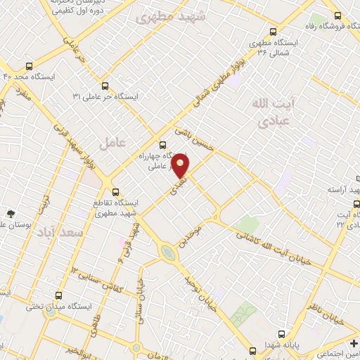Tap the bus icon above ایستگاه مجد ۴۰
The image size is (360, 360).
click(29, 64)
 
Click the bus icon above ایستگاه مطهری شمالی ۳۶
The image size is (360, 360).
click(274, 31)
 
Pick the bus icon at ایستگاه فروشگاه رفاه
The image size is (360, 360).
click(339, 15)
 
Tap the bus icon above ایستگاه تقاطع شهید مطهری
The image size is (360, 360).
click(116, 191)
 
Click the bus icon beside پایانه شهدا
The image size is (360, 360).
click(281, 333)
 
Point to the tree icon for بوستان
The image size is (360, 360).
click(11, 213)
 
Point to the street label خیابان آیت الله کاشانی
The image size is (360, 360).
click(269, 240)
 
